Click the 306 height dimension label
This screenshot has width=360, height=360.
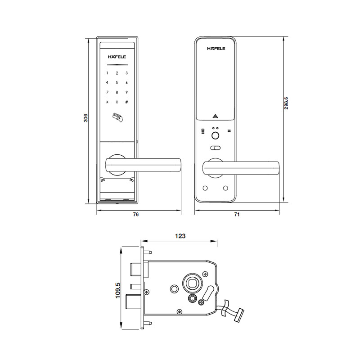click(85, 117)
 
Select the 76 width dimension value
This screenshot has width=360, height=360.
click(136, 215)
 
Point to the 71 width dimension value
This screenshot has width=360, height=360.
click(237, 215)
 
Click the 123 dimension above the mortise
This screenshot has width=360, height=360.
click(180, 235)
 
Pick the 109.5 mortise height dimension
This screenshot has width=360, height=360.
click(117, 291)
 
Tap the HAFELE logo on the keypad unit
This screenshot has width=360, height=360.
click(117, 57)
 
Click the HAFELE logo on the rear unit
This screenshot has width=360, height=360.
click(216, 48)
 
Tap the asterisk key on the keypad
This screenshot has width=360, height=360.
click(107, 102)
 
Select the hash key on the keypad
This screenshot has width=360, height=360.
click(127, 102)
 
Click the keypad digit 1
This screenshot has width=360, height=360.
click(107, 73)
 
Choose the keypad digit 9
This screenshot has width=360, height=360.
click(127, 93)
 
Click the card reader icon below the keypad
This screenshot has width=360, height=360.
click(117, 118)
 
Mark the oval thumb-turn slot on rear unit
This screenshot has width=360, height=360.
click(216, 148)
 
